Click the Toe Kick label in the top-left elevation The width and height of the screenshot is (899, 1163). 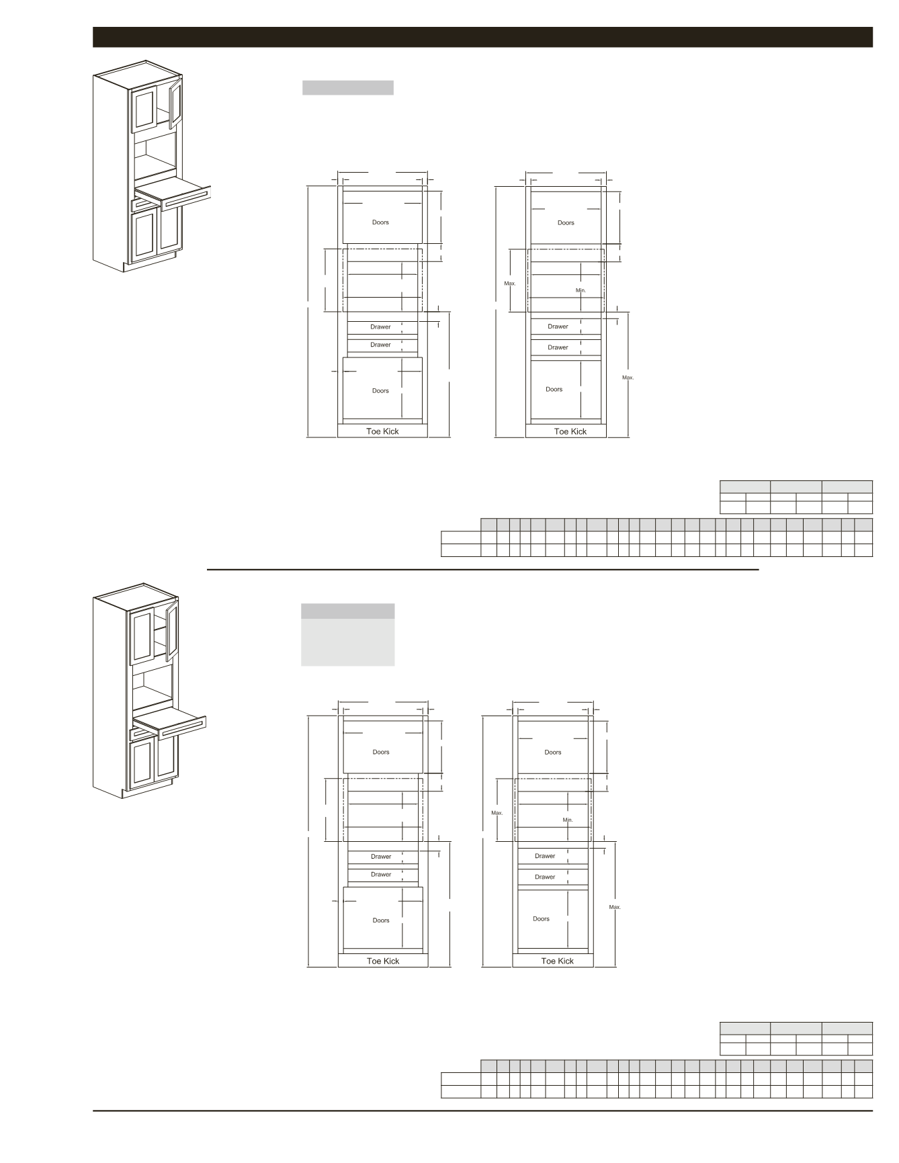tap(382, 431)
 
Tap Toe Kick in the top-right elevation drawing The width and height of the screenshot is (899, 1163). tap(570, 431)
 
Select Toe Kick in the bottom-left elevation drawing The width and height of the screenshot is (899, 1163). tap(383, 961)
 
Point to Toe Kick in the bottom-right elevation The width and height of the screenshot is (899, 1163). tap(558, 961)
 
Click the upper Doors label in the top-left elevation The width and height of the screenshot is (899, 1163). tap(380, 222)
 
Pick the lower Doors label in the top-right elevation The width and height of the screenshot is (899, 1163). tap(554, 389)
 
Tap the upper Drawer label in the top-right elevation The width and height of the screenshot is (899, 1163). tap(558, 327)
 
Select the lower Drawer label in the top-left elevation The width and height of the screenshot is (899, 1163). tap(380, 345)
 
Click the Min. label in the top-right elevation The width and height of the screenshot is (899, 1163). tap(581, 290)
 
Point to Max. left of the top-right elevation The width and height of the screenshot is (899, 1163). tap(510, 284)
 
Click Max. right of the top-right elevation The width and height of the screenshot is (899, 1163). tap(628, 378)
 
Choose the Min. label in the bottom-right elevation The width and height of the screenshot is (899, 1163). tap(568, 820)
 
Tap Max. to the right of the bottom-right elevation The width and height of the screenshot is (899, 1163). tap(615, 907)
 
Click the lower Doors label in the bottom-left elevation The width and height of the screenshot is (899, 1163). tap(381, 920)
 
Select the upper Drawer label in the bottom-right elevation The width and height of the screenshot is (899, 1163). tap(545, 856)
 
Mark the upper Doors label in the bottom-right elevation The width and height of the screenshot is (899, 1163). tap(553, 752)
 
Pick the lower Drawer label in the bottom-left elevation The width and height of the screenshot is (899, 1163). tap(381, 874)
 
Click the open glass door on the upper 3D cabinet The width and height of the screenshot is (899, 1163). tap(176, 103)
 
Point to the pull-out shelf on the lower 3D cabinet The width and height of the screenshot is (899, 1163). tap(169, 720)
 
